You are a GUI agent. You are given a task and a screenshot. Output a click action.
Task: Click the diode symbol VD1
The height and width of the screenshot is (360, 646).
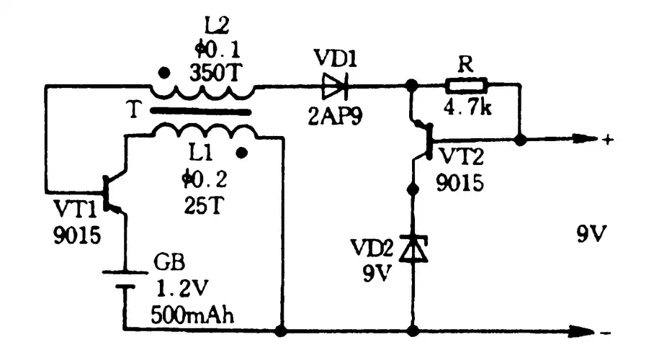point(335,86)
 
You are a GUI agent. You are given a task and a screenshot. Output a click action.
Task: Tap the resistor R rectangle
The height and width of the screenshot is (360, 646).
point(467,86)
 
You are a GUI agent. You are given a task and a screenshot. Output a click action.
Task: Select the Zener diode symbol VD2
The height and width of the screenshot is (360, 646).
point(413,249)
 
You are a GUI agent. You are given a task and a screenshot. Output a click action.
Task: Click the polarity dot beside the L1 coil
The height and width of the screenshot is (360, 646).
point(242,152)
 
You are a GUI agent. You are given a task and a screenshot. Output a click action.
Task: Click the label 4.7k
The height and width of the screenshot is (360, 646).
point(467,110)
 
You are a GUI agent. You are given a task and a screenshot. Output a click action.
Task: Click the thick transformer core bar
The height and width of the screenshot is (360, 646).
point(201,112)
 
